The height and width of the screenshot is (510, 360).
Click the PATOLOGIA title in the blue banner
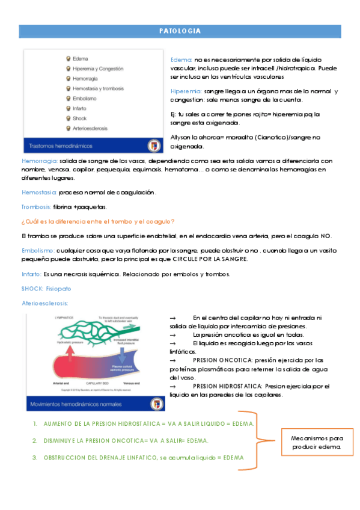pyautogui.click(x=180, y=31)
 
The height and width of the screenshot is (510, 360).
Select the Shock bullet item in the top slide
pyautogui.click(x=79, y=118)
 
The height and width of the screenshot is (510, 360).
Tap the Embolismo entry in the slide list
pyautogui.click(x=84, y=99)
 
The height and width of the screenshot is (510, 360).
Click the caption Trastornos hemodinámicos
pyautogui.click(x=58, y=145)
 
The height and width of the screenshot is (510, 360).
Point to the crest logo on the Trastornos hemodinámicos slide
pyautogui.click(x=154, y=145)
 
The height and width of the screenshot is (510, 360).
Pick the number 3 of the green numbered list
pyautogui.click(x=35, y=458)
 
